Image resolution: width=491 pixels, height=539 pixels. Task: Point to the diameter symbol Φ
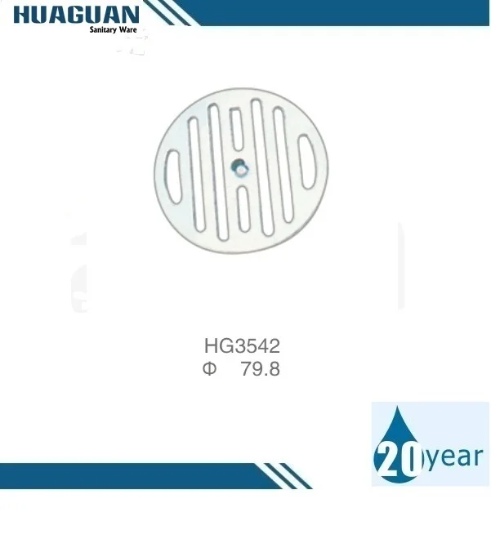[209, 369]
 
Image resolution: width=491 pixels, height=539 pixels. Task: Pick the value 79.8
[261, 369]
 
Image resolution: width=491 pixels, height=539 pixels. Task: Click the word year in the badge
[453, 457]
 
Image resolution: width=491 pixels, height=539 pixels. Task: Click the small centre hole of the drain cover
[239, 167]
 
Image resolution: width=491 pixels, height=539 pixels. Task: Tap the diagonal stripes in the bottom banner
[282, 475]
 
